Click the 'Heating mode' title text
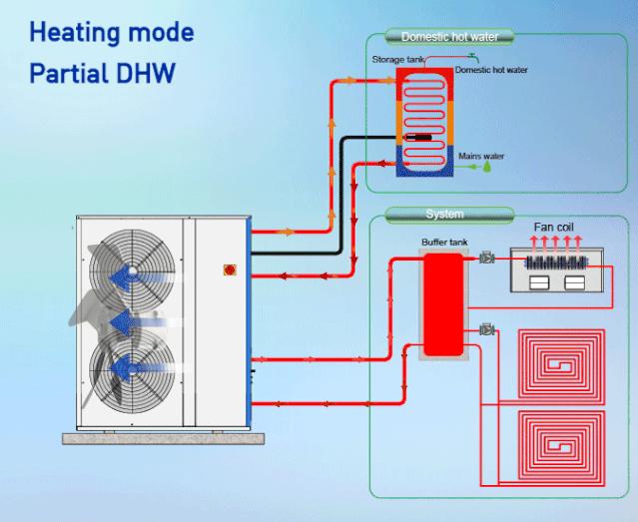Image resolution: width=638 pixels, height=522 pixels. (x=112, y=32)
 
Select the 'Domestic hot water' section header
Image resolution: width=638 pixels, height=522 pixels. (x=456, y=38)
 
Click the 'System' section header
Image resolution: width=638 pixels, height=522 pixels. (x=443, y=214)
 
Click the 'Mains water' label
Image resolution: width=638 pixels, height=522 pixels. (x=481, y=156)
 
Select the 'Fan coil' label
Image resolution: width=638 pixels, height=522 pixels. (x=553, y=228)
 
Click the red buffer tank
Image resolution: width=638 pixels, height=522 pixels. (x=442, y=304)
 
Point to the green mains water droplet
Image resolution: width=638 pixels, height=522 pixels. (x=487, y=169)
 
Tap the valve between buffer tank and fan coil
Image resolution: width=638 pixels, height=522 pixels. (x=486, y=259)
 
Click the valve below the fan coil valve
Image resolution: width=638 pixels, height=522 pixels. (x=487, y=329)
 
